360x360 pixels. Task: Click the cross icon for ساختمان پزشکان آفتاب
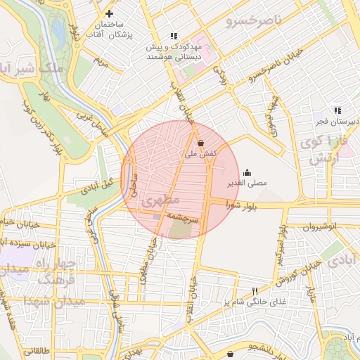tap(109, 13)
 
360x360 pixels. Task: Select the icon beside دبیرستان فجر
tap(337, 110)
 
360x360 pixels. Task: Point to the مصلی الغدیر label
tap(247, 184)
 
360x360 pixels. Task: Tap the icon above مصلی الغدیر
tap(247, 172)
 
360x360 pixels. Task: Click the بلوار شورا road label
tap(243, 205)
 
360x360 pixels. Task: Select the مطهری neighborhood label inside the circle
tap(156, 201)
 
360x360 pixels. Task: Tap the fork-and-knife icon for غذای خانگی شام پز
tap(255, 291)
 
